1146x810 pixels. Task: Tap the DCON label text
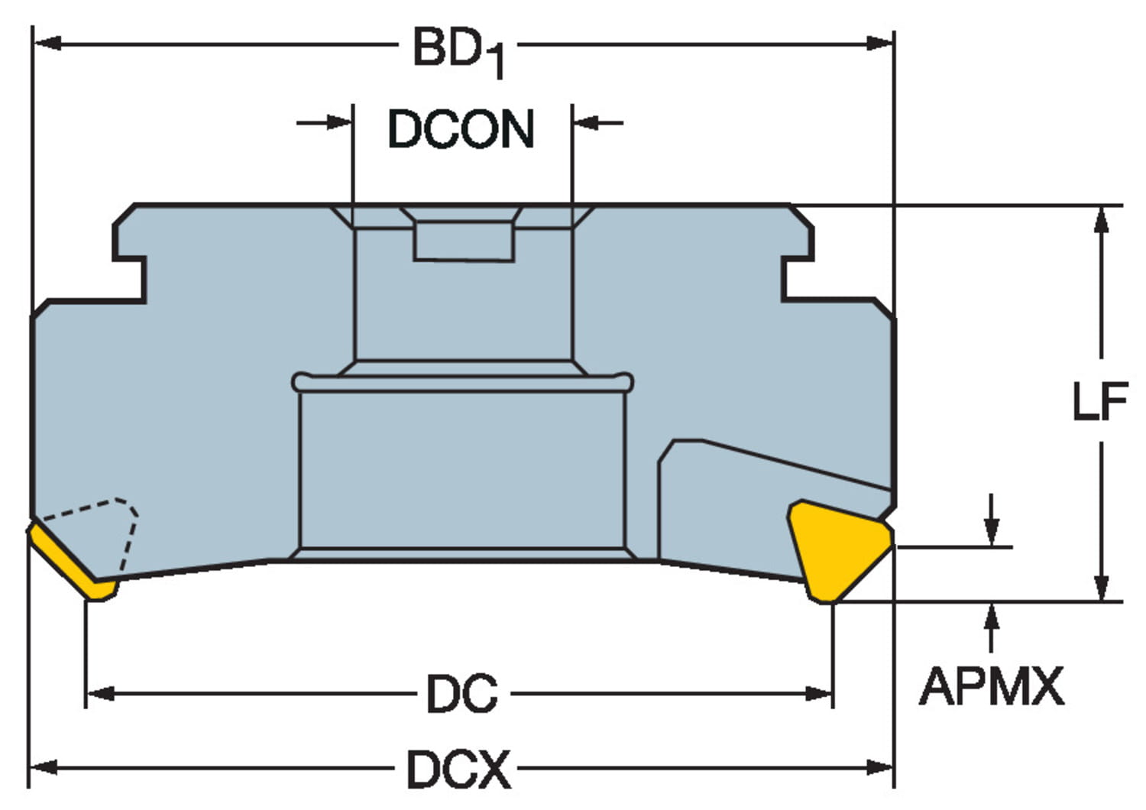point(461,129)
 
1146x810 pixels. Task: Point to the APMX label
point(991,686)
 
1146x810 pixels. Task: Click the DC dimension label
point(461,694)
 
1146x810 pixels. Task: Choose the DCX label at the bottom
point(458,769)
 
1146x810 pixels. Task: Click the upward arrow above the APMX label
point(992,617)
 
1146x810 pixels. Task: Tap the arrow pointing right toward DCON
point(336,122)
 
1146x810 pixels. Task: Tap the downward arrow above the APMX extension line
point(992,531)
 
